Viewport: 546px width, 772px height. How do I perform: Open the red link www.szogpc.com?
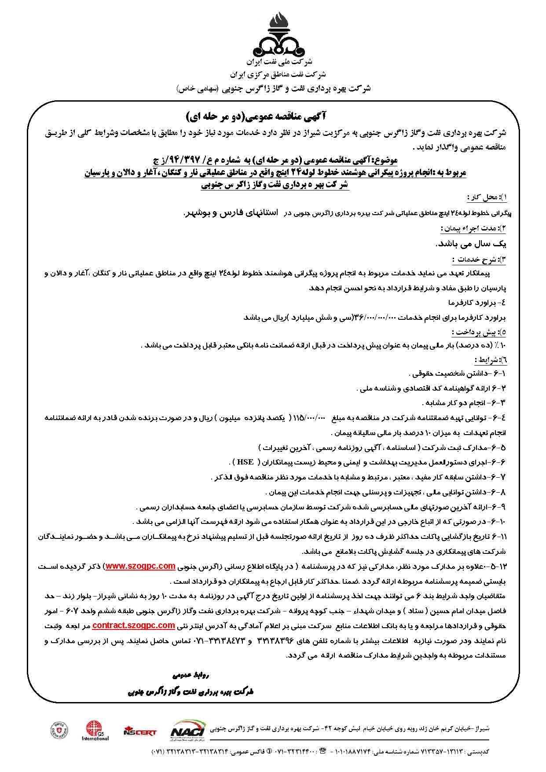click(140, 566)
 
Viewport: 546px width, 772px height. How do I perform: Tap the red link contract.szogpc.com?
click(134, 625)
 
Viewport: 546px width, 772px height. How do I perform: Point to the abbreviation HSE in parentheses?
click(246, 462)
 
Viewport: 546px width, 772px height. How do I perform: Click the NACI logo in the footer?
click(187, 731)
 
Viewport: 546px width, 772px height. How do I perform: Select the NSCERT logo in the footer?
click(140, 732)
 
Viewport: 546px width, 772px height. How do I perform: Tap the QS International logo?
click(94, 731)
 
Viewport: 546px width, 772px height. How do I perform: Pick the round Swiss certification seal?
click(60, 731)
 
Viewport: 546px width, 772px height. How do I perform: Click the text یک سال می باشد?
click(470, 244)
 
